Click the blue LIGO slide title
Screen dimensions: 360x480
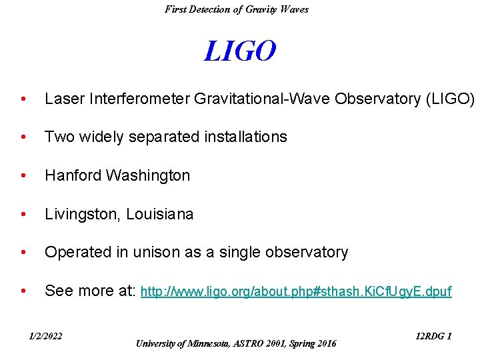click(x=239, y=51)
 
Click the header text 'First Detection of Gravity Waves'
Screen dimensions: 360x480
click(x=237, y=9)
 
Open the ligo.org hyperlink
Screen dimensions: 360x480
click(x=297, y=291)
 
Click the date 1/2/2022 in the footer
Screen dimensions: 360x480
click(x=45, y=336)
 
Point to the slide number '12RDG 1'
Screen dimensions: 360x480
click(x=433, y=336)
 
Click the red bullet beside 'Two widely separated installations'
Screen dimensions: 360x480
click(x=24, y=137)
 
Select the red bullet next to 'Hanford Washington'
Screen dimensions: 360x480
click(x=24, y=176)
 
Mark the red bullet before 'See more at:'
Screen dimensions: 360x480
click(x=24, y=291)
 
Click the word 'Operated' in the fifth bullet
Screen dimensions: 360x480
click(x=73, y=252)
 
